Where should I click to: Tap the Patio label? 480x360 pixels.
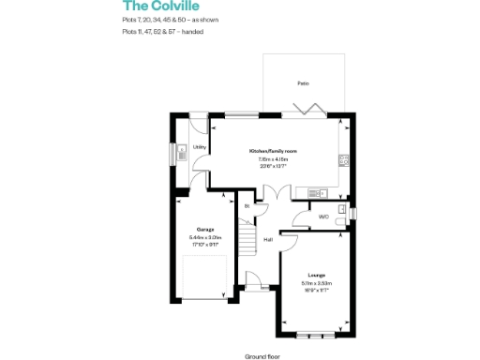point(303,83)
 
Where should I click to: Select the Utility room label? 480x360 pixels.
point(199,147)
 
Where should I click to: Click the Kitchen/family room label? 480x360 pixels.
point(273,151)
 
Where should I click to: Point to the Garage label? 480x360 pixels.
point(204,229)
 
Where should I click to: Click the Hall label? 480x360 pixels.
point(267,240)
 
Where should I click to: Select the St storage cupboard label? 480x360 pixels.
point(247,205)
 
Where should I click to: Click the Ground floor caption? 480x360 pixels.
point(263,355)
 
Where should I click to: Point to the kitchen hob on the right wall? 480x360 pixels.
point(345,160)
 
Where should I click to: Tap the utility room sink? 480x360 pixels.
point(173,152)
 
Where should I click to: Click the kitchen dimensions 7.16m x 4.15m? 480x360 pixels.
point(273,159)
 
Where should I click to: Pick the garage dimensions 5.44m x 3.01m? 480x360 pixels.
point(204,237)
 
